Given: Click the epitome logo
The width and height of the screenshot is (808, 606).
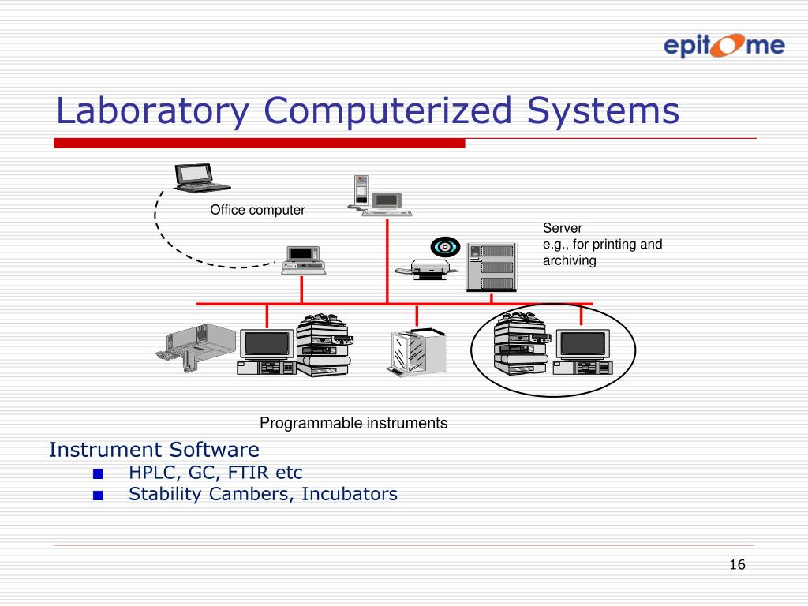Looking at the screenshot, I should pyautogui.click(x=723, y=45).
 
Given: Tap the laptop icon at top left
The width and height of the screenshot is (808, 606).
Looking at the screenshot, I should pyautogui.click(x=200, y=178).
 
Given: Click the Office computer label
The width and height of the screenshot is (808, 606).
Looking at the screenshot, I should pyautogui.click(x=257, y=210).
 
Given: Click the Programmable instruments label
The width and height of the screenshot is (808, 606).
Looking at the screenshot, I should pyautogui.click(x=353, y=423).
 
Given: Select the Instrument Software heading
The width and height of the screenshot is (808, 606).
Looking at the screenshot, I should pyautogui.click(x=154, y=450).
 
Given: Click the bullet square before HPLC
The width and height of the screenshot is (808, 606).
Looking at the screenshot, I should pyautogui.click(x=97, y=474).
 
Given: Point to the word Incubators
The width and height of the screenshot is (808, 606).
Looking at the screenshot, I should pyautogui.click(x=350, y=495).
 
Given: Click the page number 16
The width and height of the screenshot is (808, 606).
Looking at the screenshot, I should pyautogui.click(x=737, y=564).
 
